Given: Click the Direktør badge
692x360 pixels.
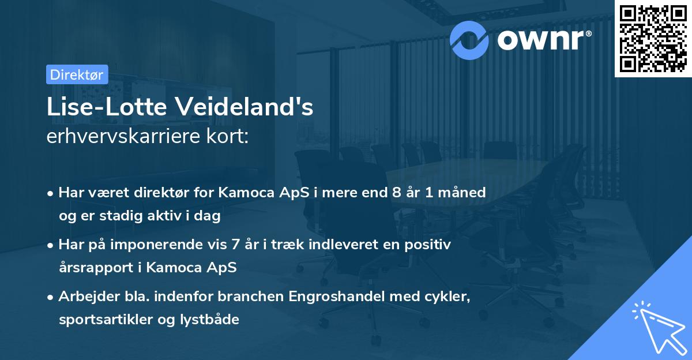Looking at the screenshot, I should coord(77,74).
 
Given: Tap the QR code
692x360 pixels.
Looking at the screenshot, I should coord(652,39).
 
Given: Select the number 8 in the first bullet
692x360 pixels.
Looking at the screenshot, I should coord(396,192).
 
